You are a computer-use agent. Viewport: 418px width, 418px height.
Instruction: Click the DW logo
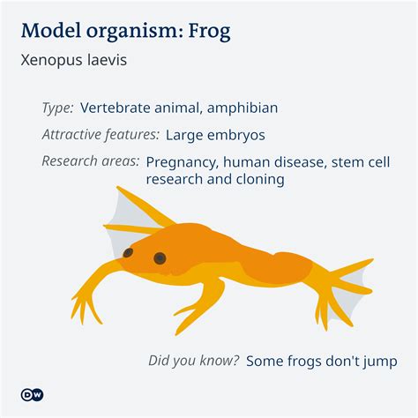(x=33, y=393)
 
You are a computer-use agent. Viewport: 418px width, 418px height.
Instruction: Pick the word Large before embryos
(x=186, y=135)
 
